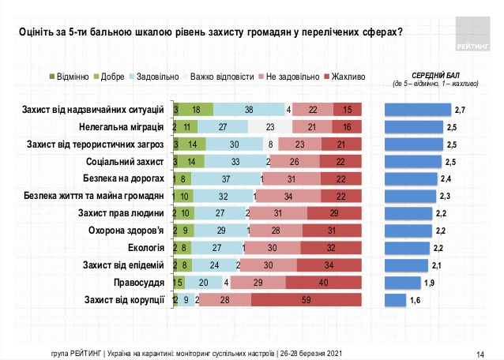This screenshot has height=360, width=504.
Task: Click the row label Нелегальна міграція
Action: click(x=122, y=126)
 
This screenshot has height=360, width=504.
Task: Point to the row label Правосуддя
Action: click(x=141, y=283)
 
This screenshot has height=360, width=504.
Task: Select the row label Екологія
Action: click(x=146, y=248)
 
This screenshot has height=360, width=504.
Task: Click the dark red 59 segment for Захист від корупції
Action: click(x=306, y=300)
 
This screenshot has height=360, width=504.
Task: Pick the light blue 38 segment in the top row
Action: click(x=249, y=109)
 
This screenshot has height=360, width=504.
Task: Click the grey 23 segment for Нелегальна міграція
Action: click(x=270, y=126)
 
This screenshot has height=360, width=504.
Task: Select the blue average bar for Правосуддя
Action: click(x=401, y=283)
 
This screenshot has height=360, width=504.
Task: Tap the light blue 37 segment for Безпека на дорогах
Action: click(x=226, y=178)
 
